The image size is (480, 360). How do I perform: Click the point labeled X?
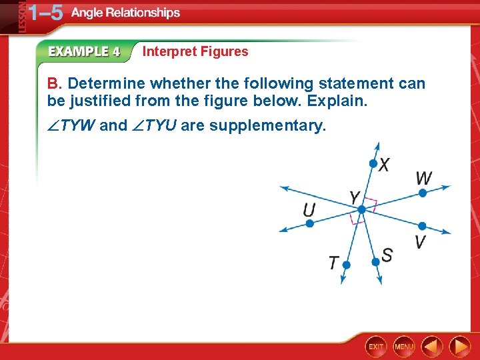point(373,163)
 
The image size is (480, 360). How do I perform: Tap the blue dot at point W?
point(422,193)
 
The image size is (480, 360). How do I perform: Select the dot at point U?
point(309,224)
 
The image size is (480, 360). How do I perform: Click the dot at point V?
point(421,226)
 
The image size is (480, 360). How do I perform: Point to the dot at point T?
point(345,265)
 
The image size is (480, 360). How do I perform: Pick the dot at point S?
point(375,262)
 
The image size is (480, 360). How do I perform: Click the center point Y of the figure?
point(361,209)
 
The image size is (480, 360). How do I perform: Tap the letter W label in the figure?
point(423,178)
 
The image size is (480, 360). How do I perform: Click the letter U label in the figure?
point(309,210)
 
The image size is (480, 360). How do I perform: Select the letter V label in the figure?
point(420,241)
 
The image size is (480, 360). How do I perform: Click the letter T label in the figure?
point(333,263)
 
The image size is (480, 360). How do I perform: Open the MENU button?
point(405,347)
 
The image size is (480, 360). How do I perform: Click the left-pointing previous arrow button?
point(433,347)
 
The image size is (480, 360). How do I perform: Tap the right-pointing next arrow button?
point(459,347)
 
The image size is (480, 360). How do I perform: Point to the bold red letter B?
point(53,84)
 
